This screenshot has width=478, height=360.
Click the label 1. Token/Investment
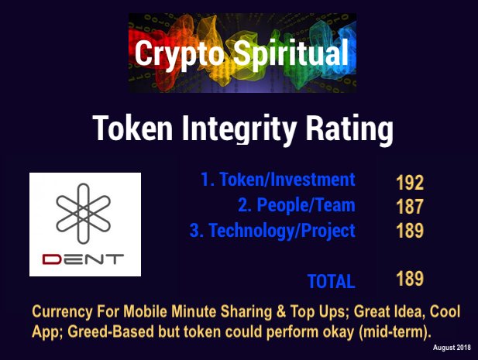click(x=277, y=180)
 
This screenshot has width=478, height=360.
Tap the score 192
click(x=409, y=183)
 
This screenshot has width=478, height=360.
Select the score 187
click(x=409, y=207)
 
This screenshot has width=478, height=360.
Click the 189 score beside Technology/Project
click(x=409, y=231)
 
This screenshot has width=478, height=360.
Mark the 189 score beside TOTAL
click(x=409, y=278)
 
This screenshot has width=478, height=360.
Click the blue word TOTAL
click(x=331, y=281)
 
